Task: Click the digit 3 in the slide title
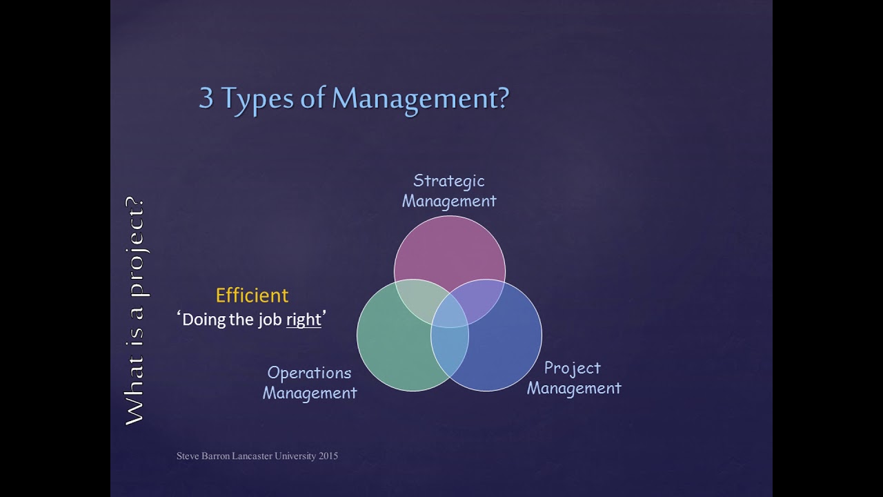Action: pyautogui.click(x=206, y=98)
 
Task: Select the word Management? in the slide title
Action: pyautogui.click(x=420, y=99)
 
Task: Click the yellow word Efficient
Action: pyautogui.click(x=252, y=295)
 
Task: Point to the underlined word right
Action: pyautogui.click(x=304, y=320)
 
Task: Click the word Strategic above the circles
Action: pyautogui.click(x=448, y=181)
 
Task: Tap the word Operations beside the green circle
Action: pyautogui.click(x=309, y=373)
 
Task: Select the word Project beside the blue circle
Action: pyautogui.click(x=572, y=368)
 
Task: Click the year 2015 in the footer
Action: pyautogui.click(x=328, y=456)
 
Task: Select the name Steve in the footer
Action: pyautogui.click(x=187, y=456)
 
